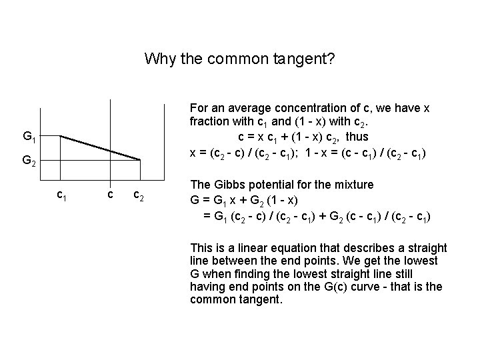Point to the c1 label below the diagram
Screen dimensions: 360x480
[61, 195]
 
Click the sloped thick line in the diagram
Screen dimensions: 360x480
[100, 147]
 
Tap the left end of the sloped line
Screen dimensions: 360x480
[61, 136]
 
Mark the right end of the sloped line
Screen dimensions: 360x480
[140, 159]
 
